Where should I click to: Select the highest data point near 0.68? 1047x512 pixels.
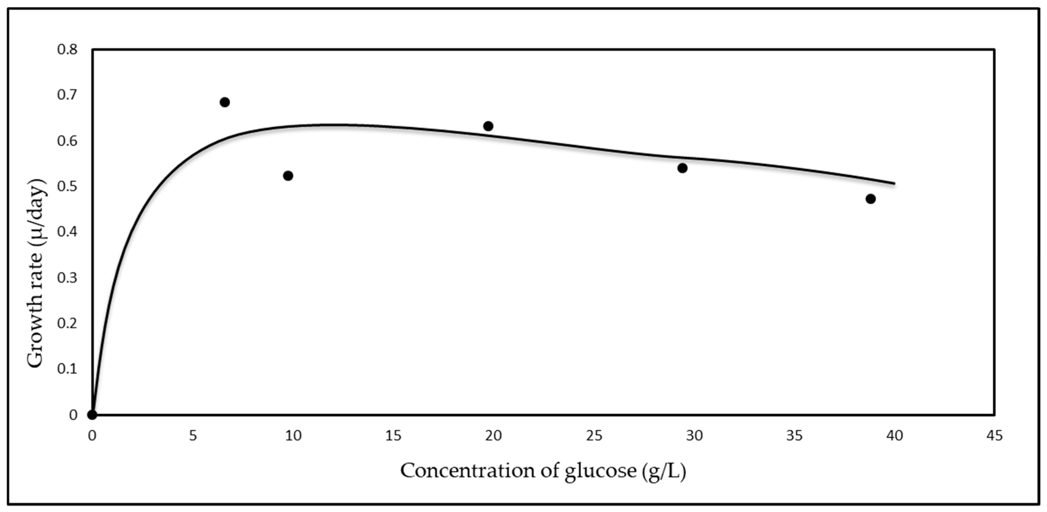225,102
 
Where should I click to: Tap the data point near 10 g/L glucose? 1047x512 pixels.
288,176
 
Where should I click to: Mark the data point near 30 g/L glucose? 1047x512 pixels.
682,168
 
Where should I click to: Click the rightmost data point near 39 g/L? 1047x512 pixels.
871,199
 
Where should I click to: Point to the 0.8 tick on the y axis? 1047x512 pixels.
67,50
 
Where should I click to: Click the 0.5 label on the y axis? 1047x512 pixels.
67,186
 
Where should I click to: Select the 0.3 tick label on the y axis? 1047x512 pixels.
67,278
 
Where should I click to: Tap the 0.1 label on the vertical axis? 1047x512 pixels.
67,369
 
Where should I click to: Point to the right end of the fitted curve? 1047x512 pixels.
894,183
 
